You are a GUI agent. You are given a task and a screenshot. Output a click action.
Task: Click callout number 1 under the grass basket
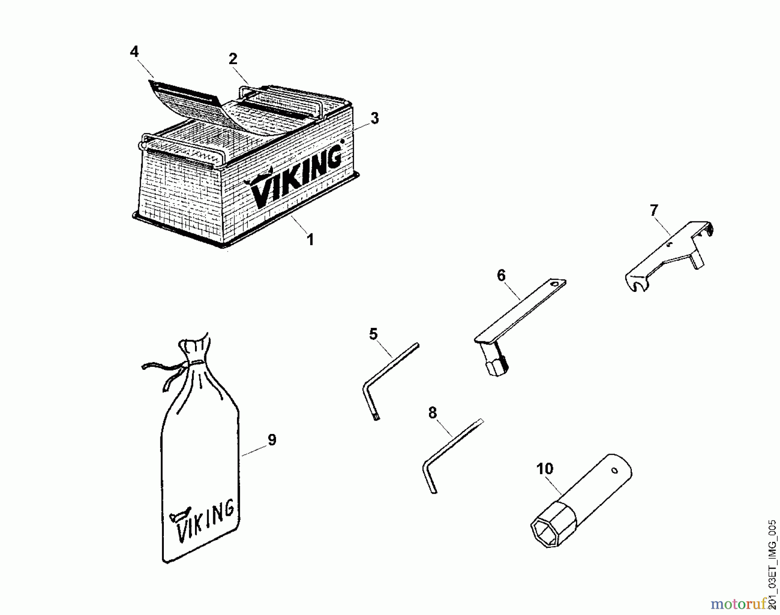(310, 240)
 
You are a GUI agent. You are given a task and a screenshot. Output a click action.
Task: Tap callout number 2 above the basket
(233, 59)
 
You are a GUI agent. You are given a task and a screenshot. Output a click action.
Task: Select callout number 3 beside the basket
(374, 118)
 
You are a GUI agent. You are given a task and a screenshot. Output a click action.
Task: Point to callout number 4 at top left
(134, 52)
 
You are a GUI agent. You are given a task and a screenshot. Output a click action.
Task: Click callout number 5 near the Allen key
(373, 334)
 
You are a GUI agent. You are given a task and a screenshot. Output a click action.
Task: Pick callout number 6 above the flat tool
(501, 275)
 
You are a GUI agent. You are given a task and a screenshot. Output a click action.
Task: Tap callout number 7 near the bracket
(653, 210)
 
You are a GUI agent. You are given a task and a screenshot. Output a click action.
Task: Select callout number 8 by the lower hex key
(432, 413)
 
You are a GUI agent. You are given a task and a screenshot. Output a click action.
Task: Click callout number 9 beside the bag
(272, 440)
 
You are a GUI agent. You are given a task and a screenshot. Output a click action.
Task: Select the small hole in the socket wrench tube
(614, 470)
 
